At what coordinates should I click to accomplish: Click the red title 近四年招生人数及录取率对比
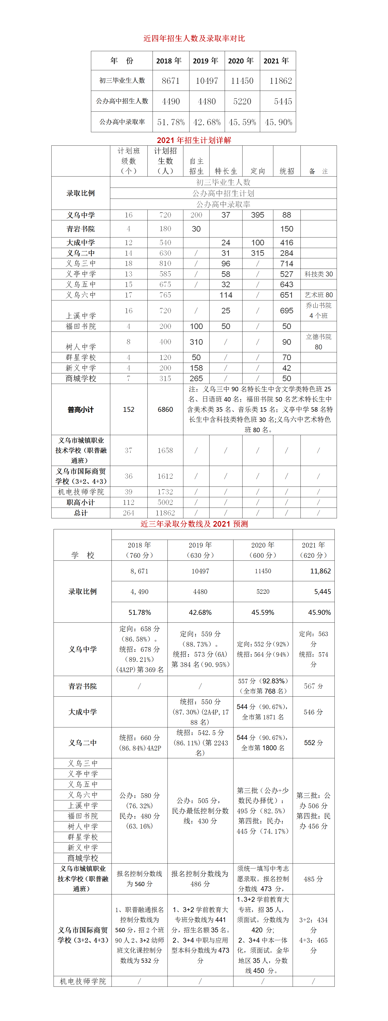point(194,38)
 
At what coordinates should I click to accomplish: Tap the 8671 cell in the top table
point(171,81)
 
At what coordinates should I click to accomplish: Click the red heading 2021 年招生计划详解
point(194,140)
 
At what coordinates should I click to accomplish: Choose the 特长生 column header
point(226,171)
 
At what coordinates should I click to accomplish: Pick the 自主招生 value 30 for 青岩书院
point(196,229)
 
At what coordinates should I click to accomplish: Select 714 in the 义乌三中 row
point(287,263)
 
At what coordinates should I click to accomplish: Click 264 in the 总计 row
point(128,513)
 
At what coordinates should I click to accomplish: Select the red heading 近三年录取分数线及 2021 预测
point(194,524)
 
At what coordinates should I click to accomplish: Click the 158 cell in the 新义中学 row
point(196,368)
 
